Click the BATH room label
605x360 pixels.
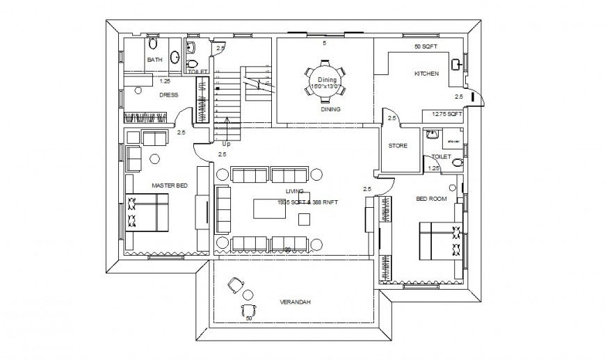154,60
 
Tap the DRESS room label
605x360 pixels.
168,95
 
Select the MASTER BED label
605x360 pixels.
169,186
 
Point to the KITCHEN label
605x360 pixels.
426,74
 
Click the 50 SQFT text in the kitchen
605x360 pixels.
424,47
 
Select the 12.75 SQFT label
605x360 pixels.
447,113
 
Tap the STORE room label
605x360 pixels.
398,146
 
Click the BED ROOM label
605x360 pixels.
431,199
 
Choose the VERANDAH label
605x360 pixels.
295,302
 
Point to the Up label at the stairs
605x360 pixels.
226,144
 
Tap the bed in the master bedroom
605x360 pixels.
147,213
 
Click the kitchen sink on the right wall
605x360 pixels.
455,65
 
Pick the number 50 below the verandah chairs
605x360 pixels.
248,318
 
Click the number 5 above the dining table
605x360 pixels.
324,43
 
